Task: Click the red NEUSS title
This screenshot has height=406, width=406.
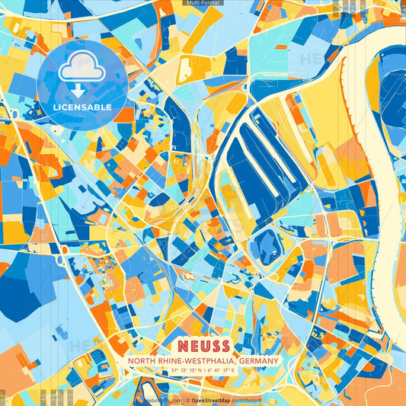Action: [x=203, y=344]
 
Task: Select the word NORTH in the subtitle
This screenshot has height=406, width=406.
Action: [x=144, y=360]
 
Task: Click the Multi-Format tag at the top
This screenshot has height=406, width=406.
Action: [x=203, y=3]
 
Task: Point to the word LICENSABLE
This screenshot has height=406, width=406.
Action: [x=82, y=107]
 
